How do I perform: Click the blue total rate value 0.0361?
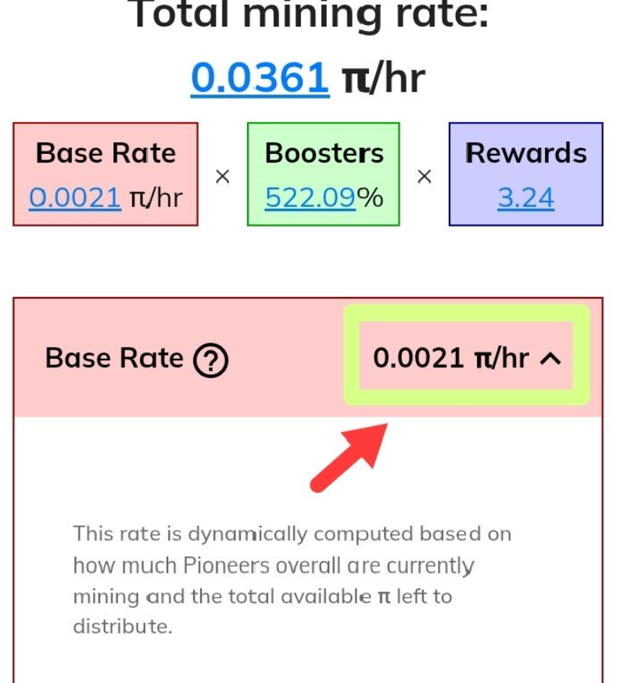point(260,78)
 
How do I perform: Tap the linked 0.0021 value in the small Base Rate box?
point(75,198)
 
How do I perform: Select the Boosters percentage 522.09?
point(310,198)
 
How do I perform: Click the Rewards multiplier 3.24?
point(526,198)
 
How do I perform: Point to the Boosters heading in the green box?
point(324,153)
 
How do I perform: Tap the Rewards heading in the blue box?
point(526,153)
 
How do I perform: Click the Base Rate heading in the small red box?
point(106,153)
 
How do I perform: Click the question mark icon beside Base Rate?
point(211,360)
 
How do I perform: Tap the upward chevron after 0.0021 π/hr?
point(550,359)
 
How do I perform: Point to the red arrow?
point(349,457)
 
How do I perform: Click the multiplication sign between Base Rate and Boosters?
point(222,177)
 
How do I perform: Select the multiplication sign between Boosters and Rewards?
point(424,177)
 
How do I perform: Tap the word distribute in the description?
point(123,627)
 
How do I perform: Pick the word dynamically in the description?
point(248,535)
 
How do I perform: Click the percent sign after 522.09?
point(371,198)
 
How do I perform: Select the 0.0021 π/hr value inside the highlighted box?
point(451,358)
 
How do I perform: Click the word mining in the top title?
point(313,16)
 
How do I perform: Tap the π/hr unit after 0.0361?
point(383,79)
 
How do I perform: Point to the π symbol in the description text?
point(384,597)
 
